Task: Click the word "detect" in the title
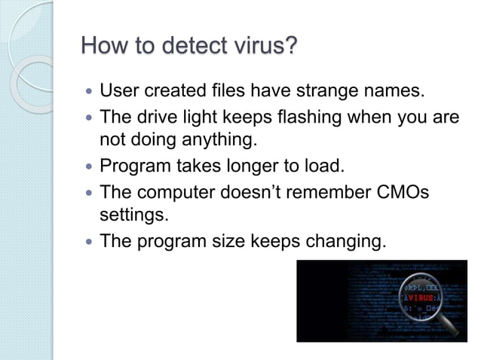tap(183, 49)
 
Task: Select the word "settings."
tap(132, 215)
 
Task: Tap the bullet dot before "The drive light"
tap(90, 119)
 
